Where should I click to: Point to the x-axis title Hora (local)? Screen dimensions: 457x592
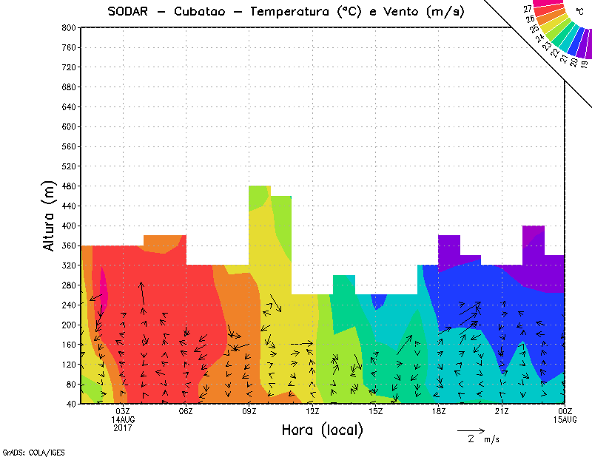[321, 430]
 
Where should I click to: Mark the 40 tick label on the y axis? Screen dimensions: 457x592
[70, 404]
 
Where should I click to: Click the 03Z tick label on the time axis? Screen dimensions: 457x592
[123, 411]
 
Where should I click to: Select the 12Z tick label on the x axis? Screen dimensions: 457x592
[312, 411]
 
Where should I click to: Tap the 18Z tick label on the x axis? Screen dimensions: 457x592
[439, 411]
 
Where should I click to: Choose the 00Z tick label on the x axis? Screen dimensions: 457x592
[565, 411]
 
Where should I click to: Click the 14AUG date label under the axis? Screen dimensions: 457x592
[123, 419]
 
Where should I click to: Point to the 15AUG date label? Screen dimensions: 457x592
[565, 419]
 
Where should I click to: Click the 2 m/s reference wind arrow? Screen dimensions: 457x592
[470, 430]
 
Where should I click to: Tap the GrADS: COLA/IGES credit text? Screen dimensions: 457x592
[23, 450]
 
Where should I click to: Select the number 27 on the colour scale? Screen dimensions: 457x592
[528, 9]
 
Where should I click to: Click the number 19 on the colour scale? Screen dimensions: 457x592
[584, 64]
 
